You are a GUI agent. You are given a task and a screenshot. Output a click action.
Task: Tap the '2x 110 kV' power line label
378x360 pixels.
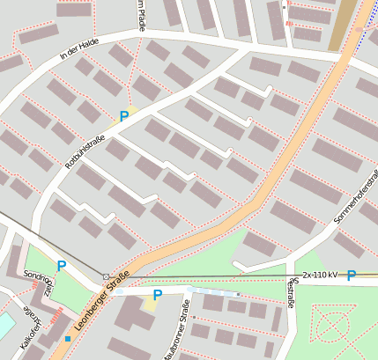click(321, 276)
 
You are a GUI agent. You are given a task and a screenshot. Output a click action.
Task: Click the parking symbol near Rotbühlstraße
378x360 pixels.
click(124, 116)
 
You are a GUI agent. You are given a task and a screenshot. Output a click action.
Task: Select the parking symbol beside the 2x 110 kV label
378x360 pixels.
click(352, 276)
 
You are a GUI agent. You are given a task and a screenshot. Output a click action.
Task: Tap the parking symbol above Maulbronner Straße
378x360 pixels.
click(157, 295)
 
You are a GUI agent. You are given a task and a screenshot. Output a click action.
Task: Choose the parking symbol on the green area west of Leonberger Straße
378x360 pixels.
click(61, 265)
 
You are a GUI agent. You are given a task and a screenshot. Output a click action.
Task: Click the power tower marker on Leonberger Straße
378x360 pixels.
click(106, 276)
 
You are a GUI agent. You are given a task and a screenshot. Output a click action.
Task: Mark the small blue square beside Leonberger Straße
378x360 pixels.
click(68, 338)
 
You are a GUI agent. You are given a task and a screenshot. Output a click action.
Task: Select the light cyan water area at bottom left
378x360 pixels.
click(4, 325)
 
